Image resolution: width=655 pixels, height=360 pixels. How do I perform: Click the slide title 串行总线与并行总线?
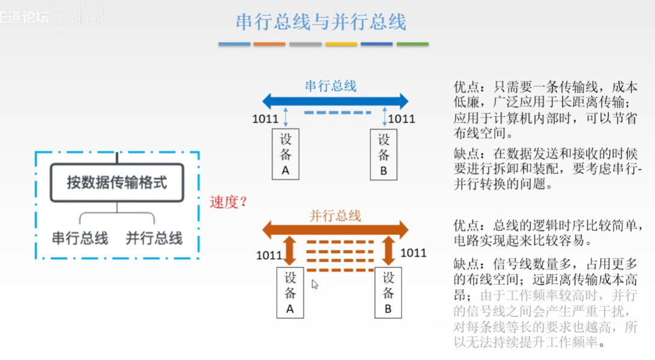pos(321,22)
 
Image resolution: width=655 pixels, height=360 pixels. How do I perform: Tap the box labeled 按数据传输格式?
pos(116,182)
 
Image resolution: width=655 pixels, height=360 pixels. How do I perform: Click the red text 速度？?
pos(229,202)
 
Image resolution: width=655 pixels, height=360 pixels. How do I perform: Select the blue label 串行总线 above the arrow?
pos(331,86)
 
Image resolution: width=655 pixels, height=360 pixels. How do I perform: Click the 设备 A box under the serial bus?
pos(286,154)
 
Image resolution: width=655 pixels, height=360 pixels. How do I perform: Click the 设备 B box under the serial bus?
pos(384,154)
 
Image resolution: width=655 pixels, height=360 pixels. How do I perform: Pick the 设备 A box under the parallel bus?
pos(290,293)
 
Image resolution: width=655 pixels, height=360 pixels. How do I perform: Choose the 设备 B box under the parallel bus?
pos(388,293)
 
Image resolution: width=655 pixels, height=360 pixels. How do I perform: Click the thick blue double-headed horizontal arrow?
pos(335,101)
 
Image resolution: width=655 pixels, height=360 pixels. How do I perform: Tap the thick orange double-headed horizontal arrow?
pos(335,229)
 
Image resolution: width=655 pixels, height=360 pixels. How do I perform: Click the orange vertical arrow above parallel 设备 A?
pos(290,251)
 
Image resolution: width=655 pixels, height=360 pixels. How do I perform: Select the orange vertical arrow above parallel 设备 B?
pos(388,251)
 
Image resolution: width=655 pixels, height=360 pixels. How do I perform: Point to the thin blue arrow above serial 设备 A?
pos(286,117)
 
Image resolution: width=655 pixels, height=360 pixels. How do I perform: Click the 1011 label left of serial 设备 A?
pos(265,119)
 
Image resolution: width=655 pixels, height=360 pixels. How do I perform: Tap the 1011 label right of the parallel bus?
pos(413,253)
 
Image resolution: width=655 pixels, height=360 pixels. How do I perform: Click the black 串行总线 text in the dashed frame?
pos(80,238)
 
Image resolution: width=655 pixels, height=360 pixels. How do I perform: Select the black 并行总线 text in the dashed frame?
pos(154,238)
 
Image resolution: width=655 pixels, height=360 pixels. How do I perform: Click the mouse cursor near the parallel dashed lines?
pos(315,284)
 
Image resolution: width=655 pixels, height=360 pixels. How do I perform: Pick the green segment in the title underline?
pos(412,44)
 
